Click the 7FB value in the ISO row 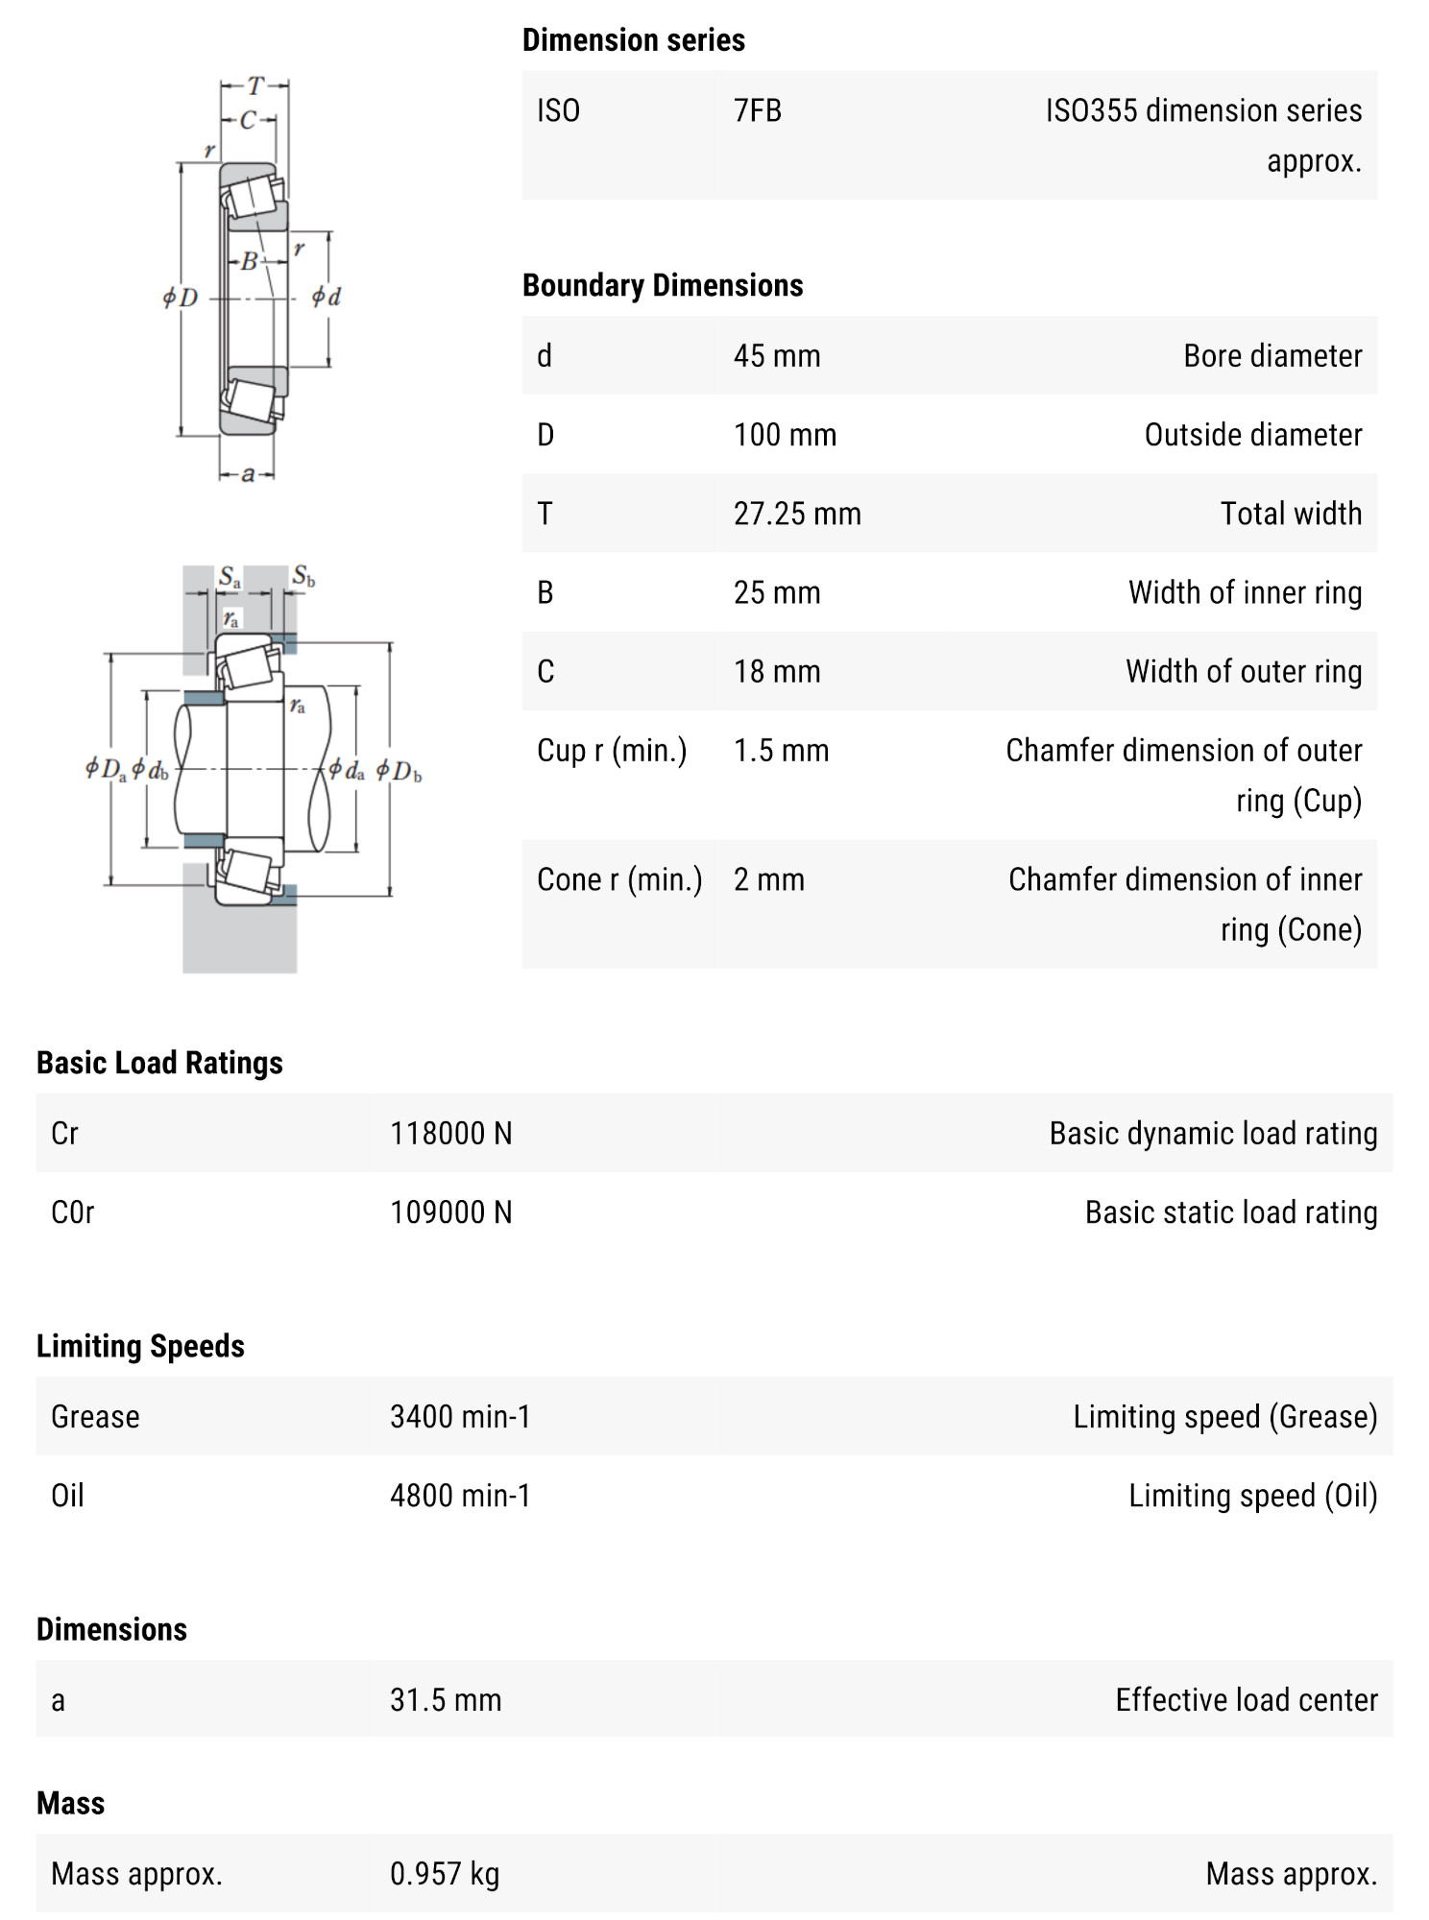pyautogui.click(x=757, y=111)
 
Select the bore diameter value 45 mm pyautogui.click(x=776, y=356)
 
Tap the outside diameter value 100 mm pyautogui.click(x=785, y=435)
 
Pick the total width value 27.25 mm pyautogui.click(x=796, y=514)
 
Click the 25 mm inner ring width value pyautogui.click(x=776, y=592)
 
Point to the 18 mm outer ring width pyautogui.click(x=776, y=671)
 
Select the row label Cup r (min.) pyautogui.click(x=612, y=750)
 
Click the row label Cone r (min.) pyautogui.click(x=619, y=879)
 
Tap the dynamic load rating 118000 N pyautogui.click(x=450, y=1134)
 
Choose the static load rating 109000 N pyautogui.click(x=450, y=1212)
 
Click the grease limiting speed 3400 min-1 pyautogui.click(x=459, y=1417)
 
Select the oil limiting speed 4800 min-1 pyautogui.click(x=459, y=1496)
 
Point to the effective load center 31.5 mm pyautogui.click(x=445, y=1700)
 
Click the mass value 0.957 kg pyautogui.click(x=444, y=1874)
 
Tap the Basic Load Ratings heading pyautogui.click(x=159, y=1063)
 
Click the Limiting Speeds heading pyautogui.click(x=140, y=1346)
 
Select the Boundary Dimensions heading pyautogui.click(x=663, y=285)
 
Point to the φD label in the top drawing pyautogui.click(x=180, y=298)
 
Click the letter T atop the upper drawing pyautogui.click(x=254, y=86)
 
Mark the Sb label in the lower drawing pyautogui.click(x=303, y=576)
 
